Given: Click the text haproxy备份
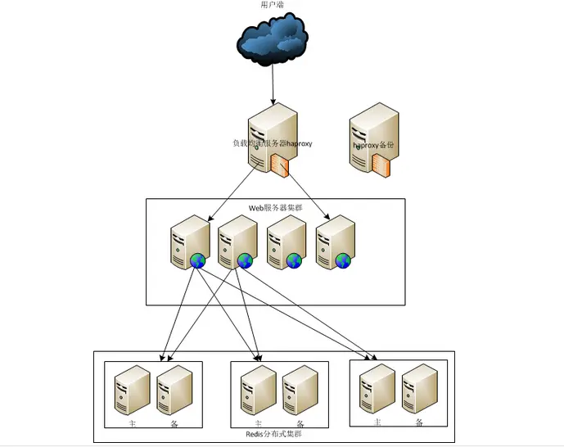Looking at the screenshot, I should [374, 144].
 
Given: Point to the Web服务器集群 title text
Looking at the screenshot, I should [276, 208].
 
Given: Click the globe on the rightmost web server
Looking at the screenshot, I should [343, 260].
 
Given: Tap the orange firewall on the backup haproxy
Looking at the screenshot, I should [381, 168].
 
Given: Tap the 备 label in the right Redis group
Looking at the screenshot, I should [419, 422].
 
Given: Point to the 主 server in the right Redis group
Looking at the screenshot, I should [377, 386].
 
